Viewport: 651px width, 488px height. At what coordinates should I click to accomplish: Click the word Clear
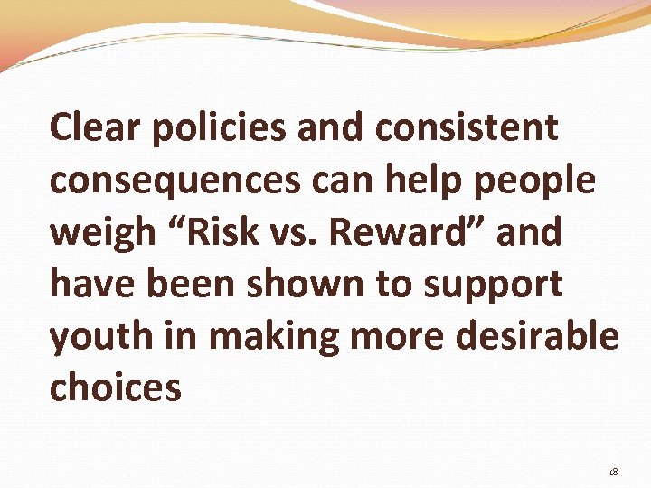tap(95, 128)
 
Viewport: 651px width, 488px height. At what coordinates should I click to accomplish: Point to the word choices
tap(116, 389)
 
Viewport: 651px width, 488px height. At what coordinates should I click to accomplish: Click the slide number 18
tap(614, 472)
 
